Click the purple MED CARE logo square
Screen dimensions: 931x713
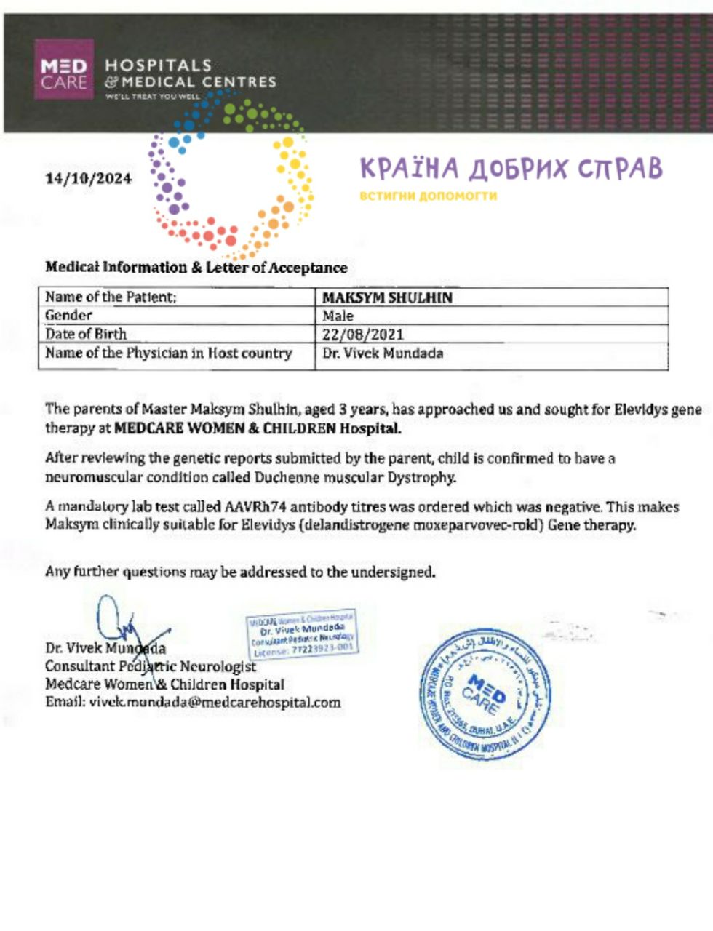pos(64,69)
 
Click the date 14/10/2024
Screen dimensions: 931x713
pos(89,178)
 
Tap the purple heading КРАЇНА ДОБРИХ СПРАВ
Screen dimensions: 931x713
pos(511,169)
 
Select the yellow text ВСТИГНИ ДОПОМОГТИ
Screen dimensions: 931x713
pos(428,196)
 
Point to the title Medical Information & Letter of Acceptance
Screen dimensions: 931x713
pos(196,268)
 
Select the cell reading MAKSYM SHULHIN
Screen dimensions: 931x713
pos(387,297)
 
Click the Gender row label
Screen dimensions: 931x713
pos(69,316)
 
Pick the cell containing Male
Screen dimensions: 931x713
pos(338,316)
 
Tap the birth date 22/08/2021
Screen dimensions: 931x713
pos(363,335)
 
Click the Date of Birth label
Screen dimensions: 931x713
pos(86,335)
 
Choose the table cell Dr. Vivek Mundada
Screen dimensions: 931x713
pos(383,353)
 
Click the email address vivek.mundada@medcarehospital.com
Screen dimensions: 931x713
pos(215,703)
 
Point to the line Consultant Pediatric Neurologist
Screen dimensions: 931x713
pos(151,666)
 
